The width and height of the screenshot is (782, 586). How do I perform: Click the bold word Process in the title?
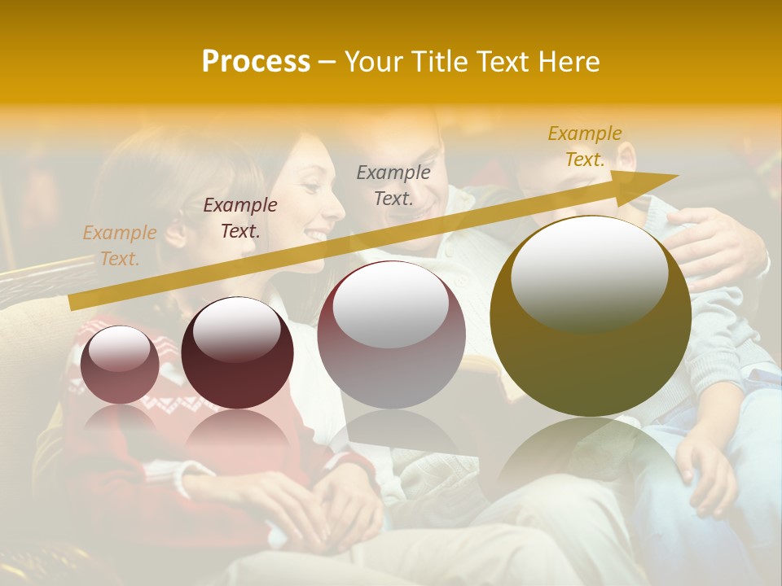[x=256, y=62]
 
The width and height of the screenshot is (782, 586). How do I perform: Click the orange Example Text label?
[x=119, y=246]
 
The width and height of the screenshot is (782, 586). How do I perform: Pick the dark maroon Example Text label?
[x=239, y=218]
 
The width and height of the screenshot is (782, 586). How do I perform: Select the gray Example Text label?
[x=393, y=185]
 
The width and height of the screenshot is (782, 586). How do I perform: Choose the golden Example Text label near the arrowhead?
[x=585, y=146]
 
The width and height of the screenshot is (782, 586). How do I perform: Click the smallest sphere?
[x=120, y=365]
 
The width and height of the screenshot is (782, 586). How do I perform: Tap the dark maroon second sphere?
[x=237, y=353]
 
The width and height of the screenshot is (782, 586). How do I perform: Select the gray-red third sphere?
[x=391, y=335]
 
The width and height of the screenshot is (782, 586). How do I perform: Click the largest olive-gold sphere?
[x=590, y=316]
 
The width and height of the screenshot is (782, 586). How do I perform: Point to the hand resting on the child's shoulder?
[x=717, y=244]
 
